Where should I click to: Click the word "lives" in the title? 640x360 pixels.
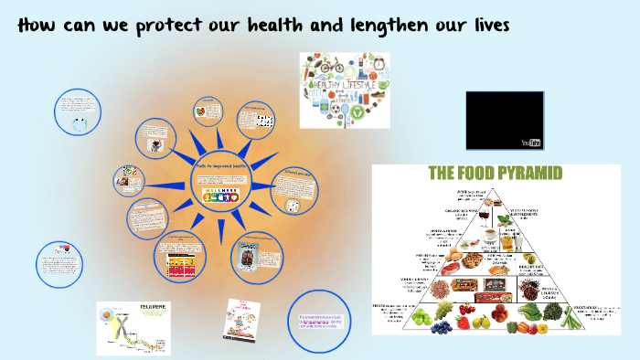coord(482,26)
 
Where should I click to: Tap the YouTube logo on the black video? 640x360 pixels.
coord(531,143)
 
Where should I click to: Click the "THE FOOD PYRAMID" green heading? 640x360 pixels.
coord(495,173)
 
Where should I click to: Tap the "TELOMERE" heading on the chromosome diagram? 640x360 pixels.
coord(145,310)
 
